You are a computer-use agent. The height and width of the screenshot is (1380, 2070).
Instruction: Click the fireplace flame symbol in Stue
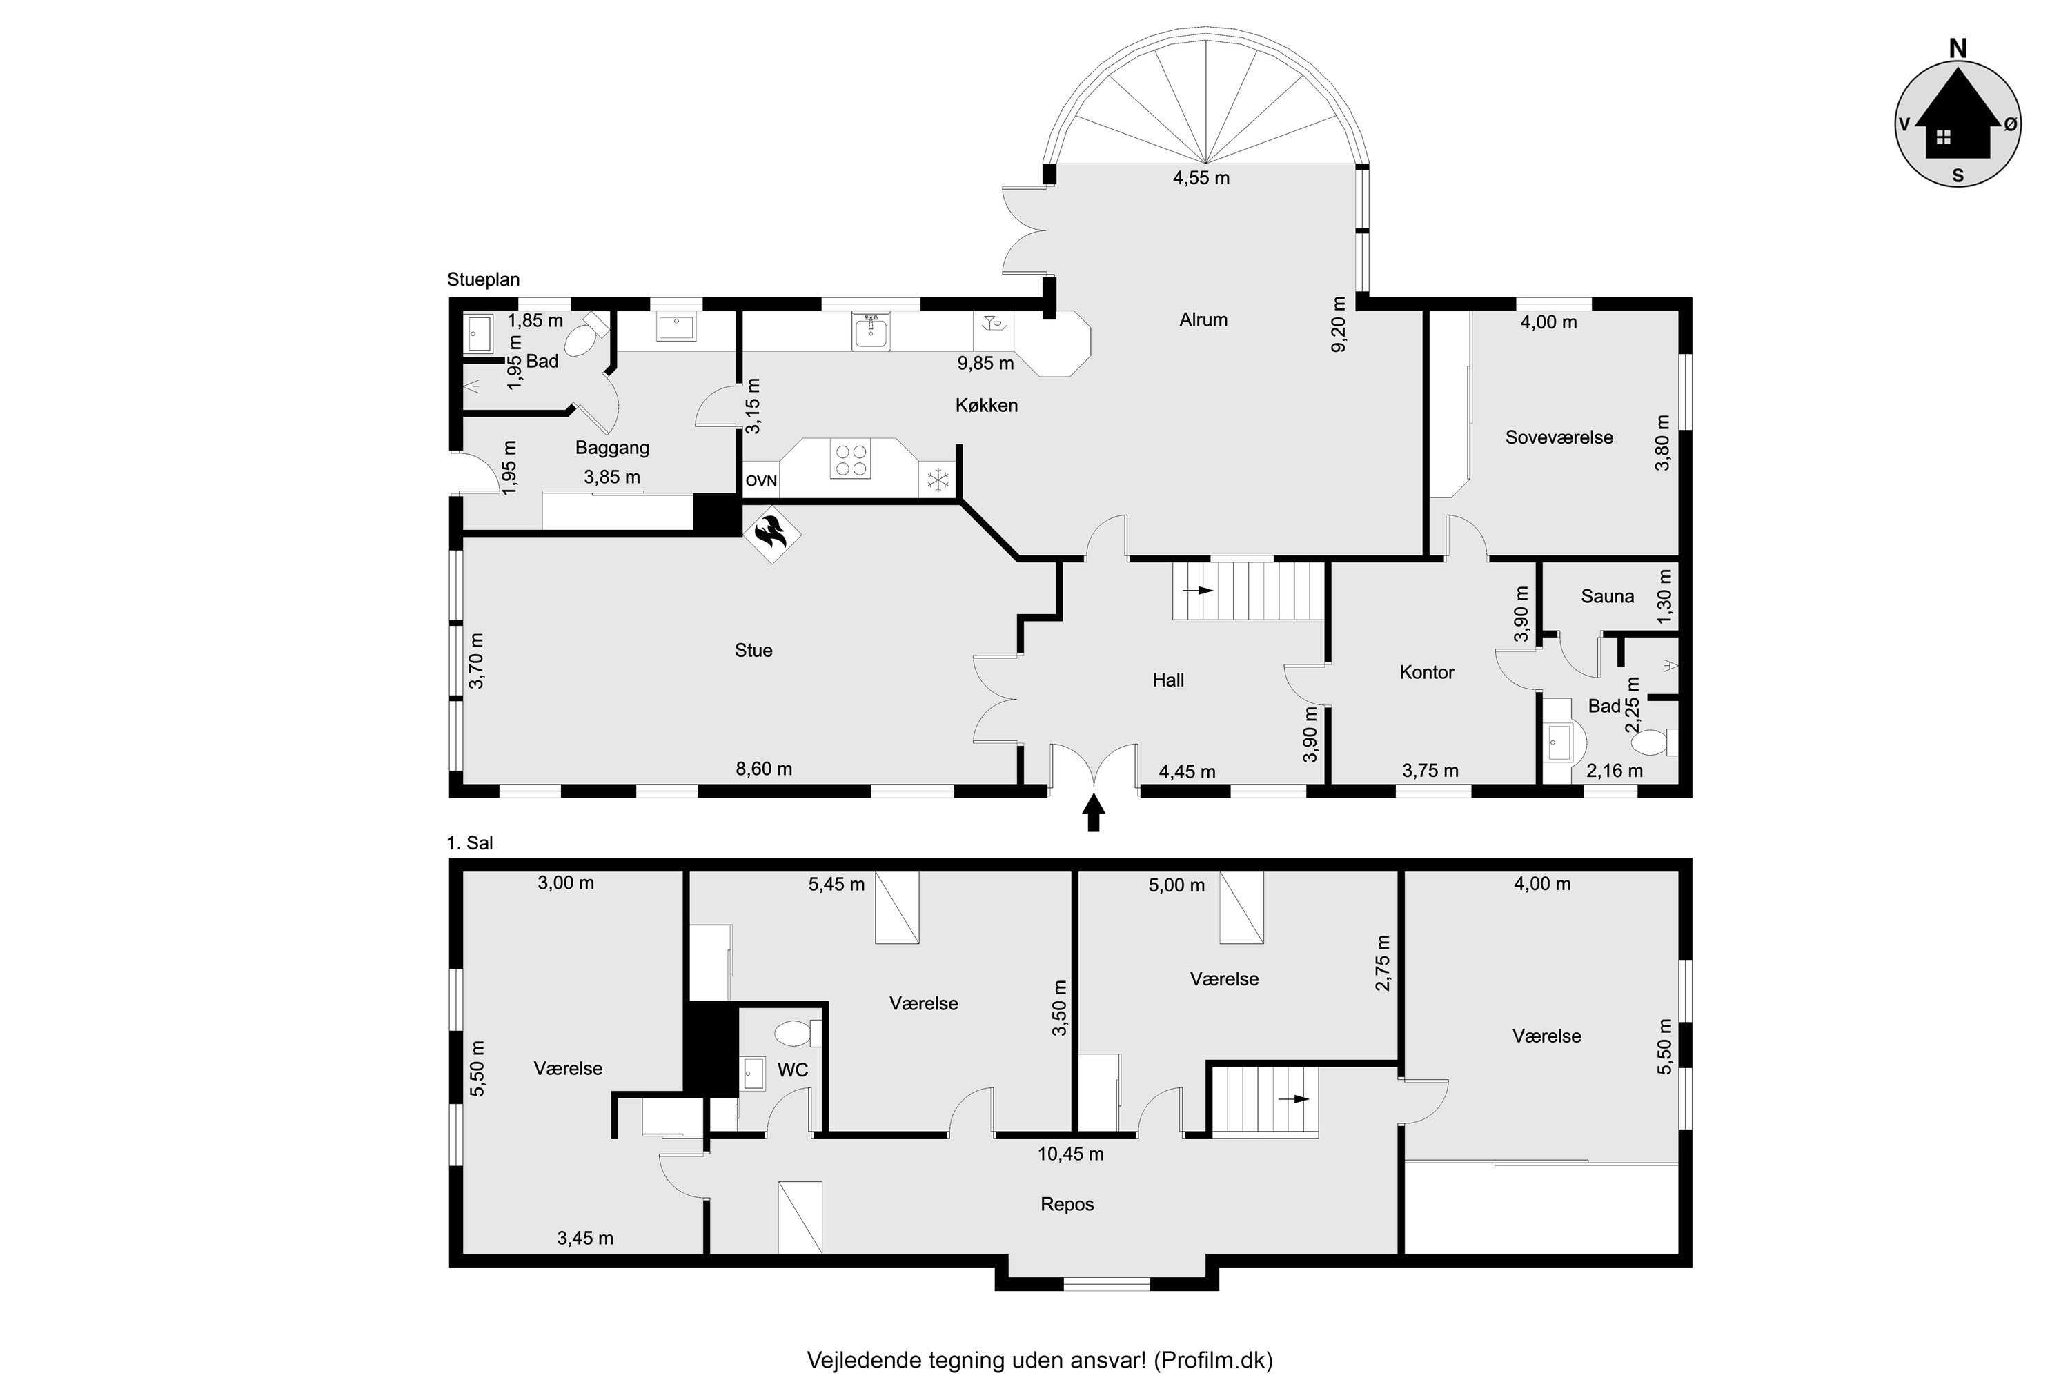772,533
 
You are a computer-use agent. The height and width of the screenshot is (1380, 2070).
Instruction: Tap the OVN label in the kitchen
761,480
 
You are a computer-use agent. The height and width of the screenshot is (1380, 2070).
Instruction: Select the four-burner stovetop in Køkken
850,460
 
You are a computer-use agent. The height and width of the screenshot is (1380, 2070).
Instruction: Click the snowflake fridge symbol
938,480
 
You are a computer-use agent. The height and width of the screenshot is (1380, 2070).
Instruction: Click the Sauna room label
1607,597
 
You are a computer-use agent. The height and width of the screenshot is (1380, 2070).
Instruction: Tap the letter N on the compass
1958,48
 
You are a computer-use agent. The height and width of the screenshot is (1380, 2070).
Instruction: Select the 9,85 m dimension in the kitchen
986,363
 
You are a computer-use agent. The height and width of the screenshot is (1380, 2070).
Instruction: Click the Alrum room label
1203,319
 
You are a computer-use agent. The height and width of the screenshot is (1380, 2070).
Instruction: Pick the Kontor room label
1427,672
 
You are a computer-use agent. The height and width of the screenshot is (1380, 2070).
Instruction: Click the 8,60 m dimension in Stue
764,769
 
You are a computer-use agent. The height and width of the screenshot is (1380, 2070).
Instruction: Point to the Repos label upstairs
1067,1204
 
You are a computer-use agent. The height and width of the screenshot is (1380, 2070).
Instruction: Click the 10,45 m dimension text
1070,1154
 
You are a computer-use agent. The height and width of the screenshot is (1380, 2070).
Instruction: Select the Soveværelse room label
1559,437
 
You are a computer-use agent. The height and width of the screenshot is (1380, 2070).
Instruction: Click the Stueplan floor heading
483,280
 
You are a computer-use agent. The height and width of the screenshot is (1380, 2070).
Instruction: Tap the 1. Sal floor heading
470,843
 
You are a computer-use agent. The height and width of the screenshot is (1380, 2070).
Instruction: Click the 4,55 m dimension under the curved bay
1201,178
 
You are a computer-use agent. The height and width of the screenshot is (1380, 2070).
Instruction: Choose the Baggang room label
613,448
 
